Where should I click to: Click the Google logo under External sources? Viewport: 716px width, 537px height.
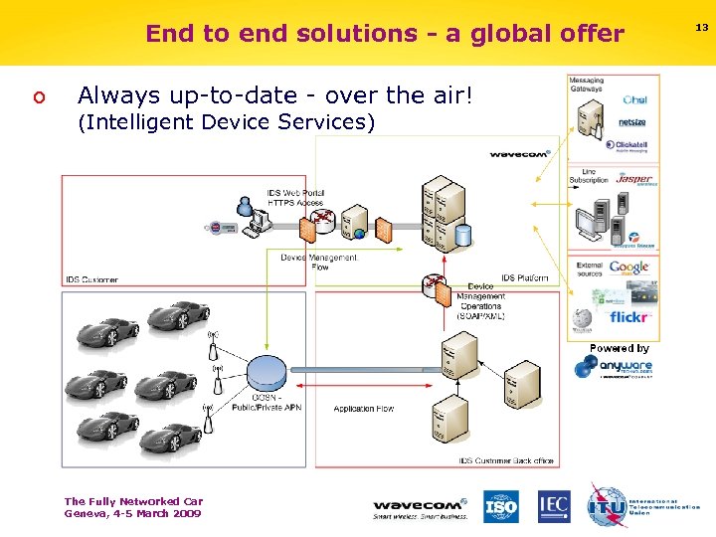click(628, 267)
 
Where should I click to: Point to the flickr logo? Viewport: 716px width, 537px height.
click(628, 318)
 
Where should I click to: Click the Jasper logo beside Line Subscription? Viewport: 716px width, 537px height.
click(634, 180)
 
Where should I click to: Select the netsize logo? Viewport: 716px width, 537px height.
click(632, 123)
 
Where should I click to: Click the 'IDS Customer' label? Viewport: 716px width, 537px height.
click(91, 279)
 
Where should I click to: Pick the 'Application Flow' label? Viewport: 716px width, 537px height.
click(363, 409)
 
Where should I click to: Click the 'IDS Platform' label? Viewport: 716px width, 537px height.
click(524, 278)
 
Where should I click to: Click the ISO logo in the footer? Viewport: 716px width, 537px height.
click(500, 506)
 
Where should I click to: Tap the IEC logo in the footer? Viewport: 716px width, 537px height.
click(554, 506)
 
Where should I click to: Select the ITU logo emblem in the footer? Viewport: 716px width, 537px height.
click(606, 505)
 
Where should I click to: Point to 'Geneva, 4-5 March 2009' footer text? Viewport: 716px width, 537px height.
click(132, 513)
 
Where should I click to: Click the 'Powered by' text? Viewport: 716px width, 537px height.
click(619, 348)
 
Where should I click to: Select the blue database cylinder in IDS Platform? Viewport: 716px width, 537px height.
click(462, 237)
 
